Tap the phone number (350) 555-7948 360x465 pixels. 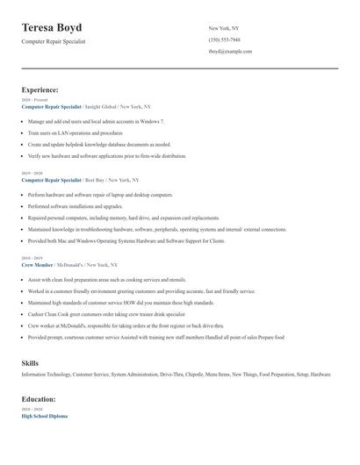226,40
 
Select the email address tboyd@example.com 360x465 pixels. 230,52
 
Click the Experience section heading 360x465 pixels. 40,89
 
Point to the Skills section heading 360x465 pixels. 30,362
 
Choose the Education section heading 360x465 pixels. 40,399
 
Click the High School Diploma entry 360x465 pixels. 45,417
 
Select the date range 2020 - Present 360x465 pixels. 32,100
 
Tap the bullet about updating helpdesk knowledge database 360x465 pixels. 99,144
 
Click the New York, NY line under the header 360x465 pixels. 225,28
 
